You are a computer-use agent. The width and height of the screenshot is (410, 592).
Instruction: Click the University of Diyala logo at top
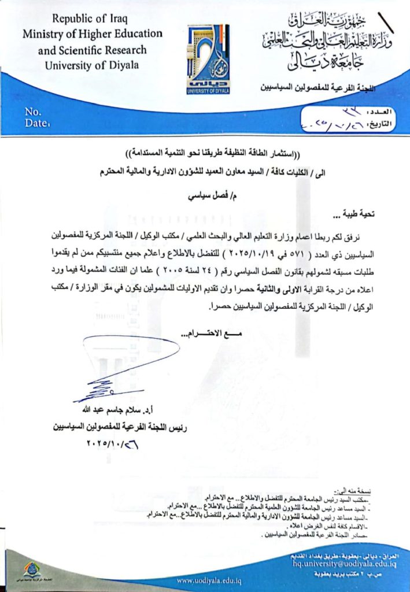(208, 59)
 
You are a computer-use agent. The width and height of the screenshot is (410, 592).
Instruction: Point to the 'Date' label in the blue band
(36, 123)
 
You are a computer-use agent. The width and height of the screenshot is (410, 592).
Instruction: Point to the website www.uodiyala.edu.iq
(209, 580)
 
